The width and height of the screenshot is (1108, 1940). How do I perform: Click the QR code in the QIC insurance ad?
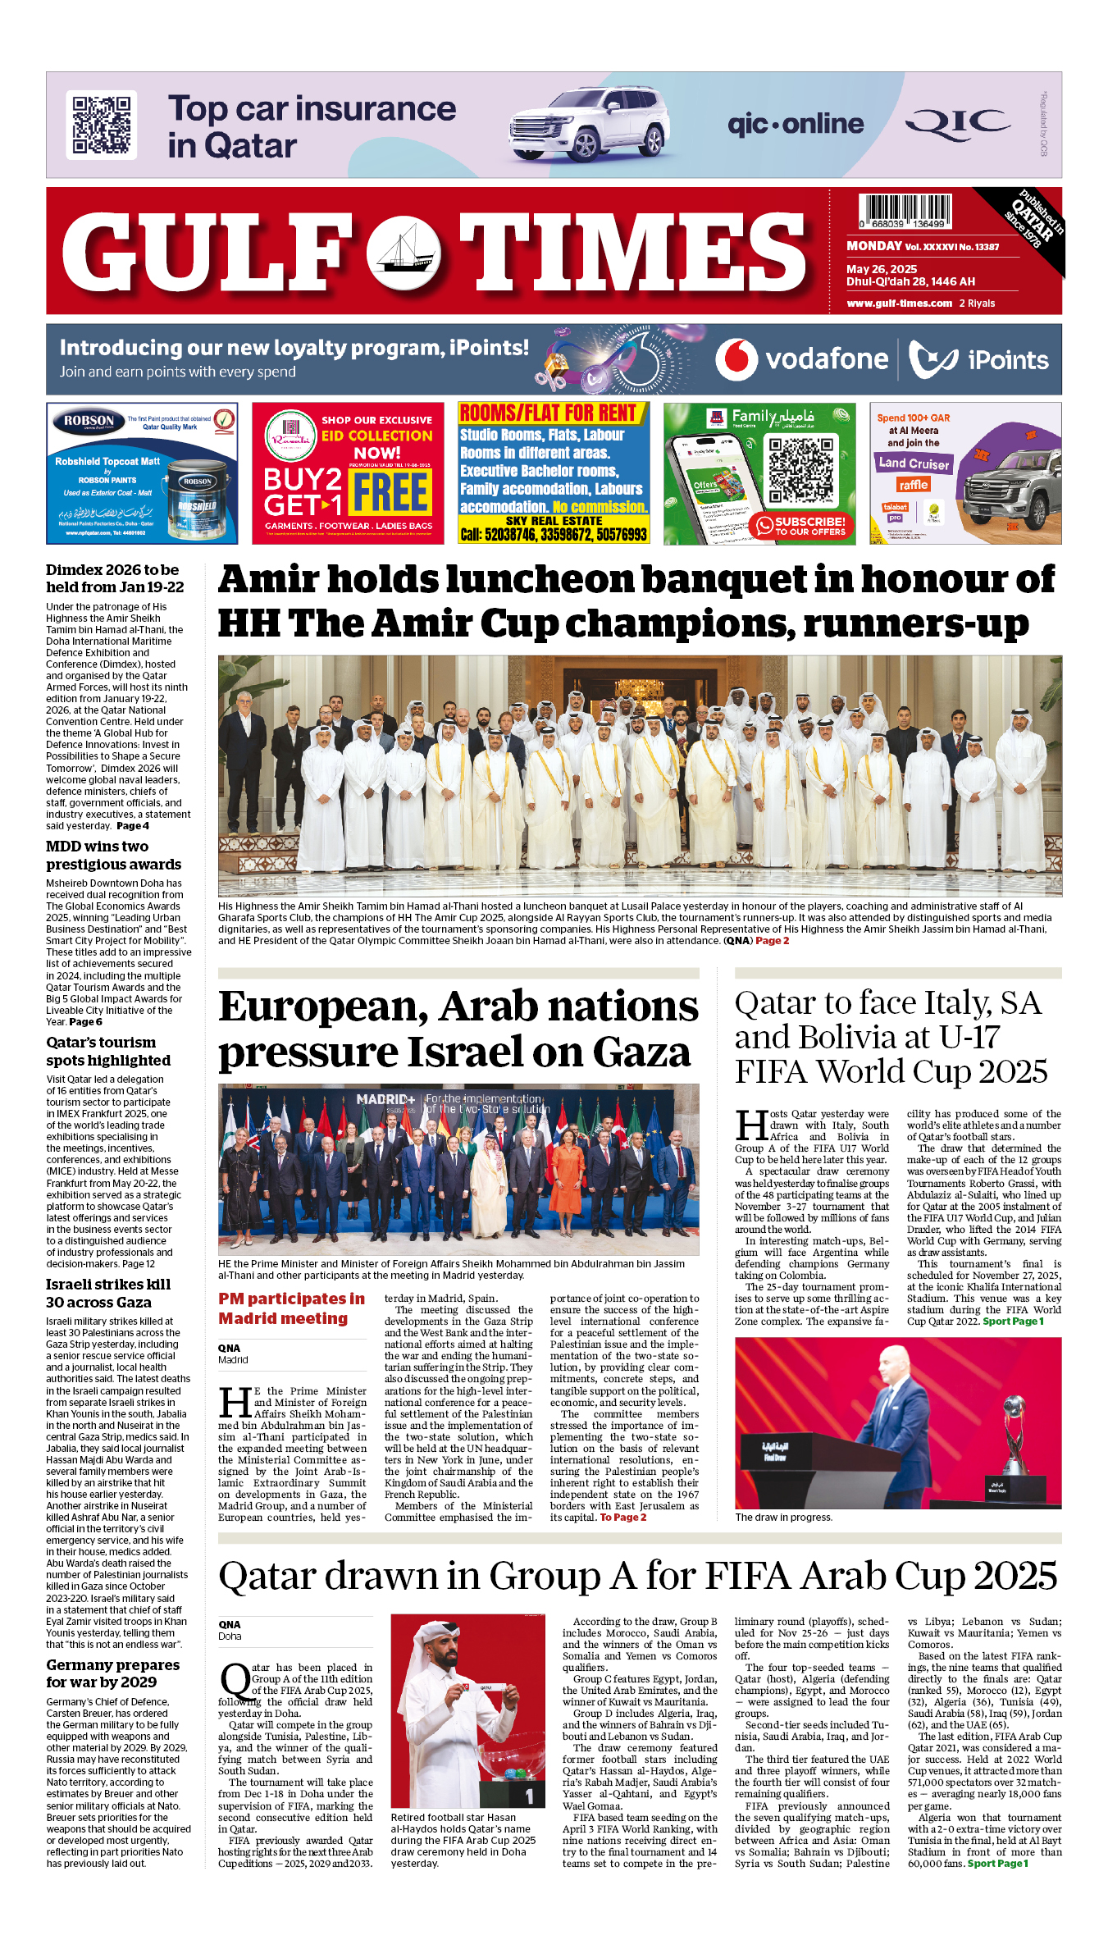tap(102, 125)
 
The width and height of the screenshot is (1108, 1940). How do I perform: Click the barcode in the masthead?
tap(905, 210)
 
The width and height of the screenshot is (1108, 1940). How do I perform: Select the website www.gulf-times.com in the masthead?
tap(899, 304)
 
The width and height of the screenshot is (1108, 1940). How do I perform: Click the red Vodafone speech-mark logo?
tap(736, 359)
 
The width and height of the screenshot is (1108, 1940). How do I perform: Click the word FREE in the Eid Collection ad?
tap(392, 492)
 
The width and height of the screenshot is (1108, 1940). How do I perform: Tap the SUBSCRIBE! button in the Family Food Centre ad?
tap(801, 526)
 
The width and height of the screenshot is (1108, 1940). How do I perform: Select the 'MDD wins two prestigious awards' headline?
tap(113, 856)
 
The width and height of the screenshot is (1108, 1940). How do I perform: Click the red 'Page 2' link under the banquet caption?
tap(772, 941)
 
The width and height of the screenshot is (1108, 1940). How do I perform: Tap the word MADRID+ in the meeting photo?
tap(385, 1099)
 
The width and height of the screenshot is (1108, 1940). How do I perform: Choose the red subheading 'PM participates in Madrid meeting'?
tap(291, 1308)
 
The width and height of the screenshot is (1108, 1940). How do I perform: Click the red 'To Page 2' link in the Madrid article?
tap(622, 1518)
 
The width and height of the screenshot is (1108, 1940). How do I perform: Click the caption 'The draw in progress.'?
tap(783, 1518)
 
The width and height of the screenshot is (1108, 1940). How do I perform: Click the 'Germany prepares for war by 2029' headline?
tap(113, 1673)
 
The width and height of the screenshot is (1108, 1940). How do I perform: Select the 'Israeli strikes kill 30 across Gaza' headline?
tap(109, 1294)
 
